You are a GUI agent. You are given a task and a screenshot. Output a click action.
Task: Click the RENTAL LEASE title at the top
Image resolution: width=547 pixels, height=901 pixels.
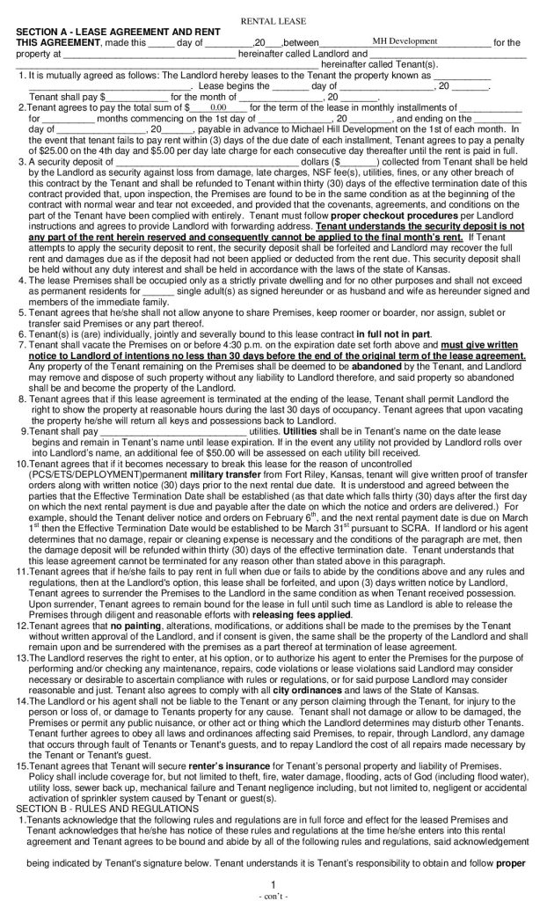click(x=273, y=18)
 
